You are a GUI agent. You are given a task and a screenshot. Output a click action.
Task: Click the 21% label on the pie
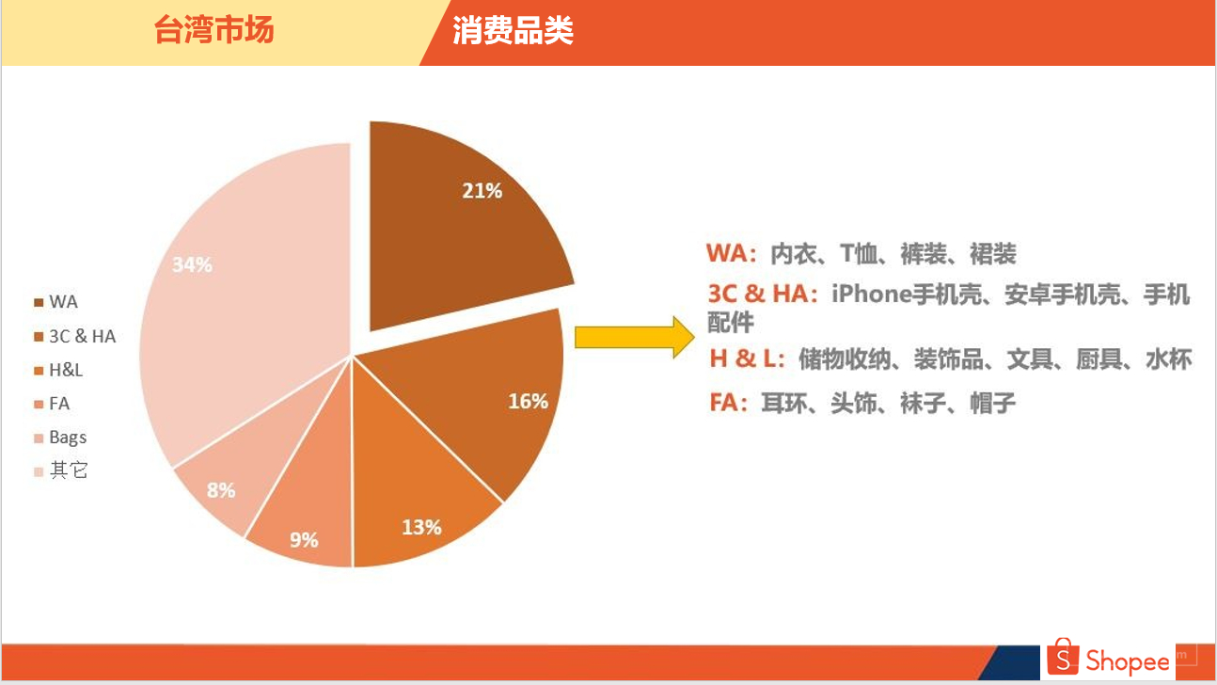[x=482, y=191]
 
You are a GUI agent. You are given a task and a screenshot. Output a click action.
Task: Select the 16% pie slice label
[x=529, y=401]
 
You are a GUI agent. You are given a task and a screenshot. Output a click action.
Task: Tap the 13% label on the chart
[x=421, y=527]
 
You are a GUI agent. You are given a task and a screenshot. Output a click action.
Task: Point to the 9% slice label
[x=304, y=540]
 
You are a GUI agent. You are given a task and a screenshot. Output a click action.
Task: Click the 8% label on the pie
[x=221, y=490]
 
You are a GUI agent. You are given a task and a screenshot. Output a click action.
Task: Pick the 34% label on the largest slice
[x=192, y=264]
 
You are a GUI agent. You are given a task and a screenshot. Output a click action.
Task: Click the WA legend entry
[x=56, y=302]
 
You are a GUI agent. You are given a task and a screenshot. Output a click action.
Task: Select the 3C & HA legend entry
[x=75, y=337]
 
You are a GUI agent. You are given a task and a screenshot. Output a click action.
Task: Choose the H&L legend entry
[x=58, y=370]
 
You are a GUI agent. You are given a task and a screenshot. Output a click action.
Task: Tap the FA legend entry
[x=52, y=404]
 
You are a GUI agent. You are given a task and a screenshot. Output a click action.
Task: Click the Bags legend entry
[x=60, y=438]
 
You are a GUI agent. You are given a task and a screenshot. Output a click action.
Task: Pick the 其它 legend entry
[x=60, y=470]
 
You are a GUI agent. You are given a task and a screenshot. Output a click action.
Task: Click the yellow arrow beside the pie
[x=635, y=337]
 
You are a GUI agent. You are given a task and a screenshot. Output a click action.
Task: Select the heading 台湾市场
[x=213, y=30]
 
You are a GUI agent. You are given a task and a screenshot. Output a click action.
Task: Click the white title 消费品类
[x=513, y=30]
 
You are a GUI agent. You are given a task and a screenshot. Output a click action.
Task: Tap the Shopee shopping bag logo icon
[x=1063, y=657]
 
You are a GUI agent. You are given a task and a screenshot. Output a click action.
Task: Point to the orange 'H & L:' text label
[x=747, y=358]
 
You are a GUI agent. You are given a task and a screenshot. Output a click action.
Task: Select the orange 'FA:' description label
[x=729, y=403]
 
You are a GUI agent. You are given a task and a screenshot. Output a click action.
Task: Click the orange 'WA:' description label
[x=732, y=253]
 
